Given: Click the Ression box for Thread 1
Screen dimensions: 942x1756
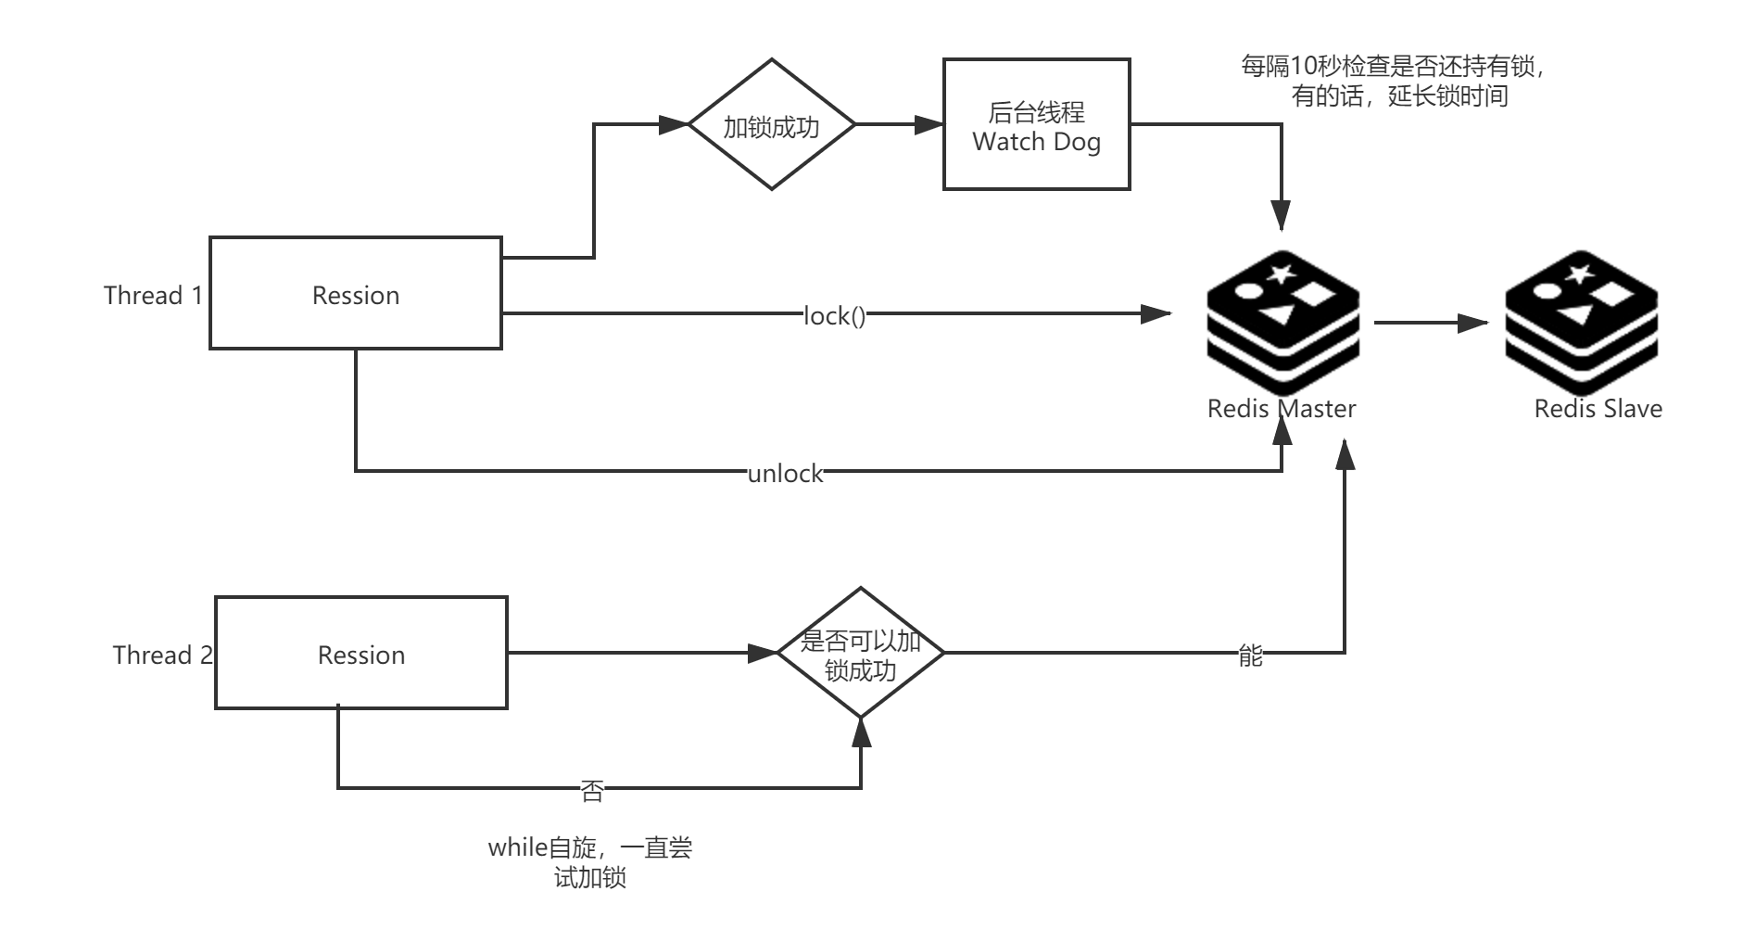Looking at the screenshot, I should [356, 294].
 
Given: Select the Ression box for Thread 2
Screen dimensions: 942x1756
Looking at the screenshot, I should [361, 654].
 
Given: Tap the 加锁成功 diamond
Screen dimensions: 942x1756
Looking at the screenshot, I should [771, 125].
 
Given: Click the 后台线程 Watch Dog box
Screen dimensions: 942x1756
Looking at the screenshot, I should [1037, 125].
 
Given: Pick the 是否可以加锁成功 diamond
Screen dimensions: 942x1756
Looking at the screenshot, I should [861, 653].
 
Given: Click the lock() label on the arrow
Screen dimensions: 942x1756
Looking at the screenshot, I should [835, 315].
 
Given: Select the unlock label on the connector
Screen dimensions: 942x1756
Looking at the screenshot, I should [785, 473].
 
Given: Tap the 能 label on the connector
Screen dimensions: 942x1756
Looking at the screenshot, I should [1250, 655].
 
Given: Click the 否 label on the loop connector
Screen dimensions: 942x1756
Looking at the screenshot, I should [592, 789].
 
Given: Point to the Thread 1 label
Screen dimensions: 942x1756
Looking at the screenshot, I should [152, 295].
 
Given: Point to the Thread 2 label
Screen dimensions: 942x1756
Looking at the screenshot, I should [162, 655].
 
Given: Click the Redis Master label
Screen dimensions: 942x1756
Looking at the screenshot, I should [1281, 408].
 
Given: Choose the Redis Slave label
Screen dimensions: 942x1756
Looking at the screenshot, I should [1598, 408].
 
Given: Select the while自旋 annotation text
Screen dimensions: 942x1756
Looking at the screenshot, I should [590, 862].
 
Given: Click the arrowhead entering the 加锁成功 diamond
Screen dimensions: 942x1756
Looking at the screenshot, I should [674, 125].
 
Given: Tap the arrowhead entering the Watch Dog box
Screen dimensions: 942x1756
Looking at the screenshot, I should [929, 125].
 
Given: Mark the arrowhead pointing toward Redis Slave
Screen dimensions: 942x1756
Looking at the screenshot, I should [1473, 323].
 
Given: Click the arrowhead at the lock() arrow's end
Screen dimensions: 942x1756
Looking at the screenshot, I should [1156, 314].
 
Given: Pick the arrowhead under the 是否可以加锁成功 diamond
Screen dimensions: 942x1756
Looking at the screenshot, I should [862, 733].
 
